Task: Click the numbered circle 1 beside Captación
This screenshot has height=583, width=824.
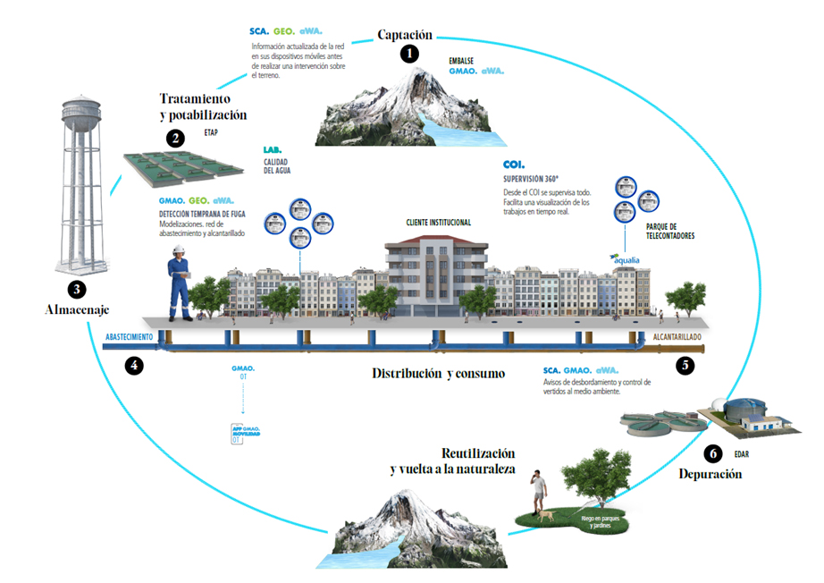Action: (409, 54)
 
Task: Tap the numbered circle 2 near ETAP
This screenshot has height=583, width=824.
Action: (175, 138)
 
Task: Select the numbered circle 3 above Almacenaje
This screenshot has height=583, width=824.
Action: (77, 289)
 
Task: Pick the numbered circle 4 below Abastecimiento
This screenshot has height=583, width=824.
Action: (133, 365)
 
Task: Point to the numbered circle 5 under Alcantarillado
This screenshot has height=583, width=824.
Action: (685, 365)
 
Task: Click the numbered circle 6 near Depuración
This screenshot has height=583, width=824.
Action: (712, 453)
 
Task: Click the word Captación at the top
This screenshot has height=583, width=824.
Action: (404, 35)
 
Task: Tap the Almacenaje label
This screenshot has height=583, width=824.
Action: (78, 309)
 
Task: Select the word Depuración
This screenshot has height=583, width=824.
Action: (710, 474)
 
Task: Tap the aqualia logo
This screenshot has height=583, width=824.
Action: (625, 259)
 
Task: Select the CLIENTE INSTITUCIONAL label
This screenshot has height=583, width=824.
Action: (438, 222)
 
